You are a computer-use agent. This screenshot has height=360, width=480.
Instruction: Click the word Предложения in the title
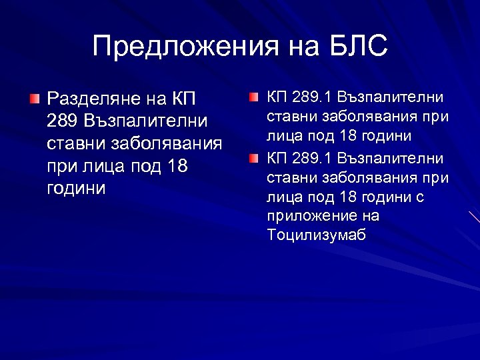coord(174,47)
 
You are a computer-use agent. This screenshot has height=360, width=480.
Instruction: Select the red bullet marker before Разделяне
coord(34,99)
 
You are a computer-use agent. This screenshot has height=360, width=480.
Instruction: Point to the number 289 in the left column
coord(62,122)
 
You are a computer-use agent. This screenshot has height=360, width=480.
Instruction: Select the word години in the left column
coord(76,188)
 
